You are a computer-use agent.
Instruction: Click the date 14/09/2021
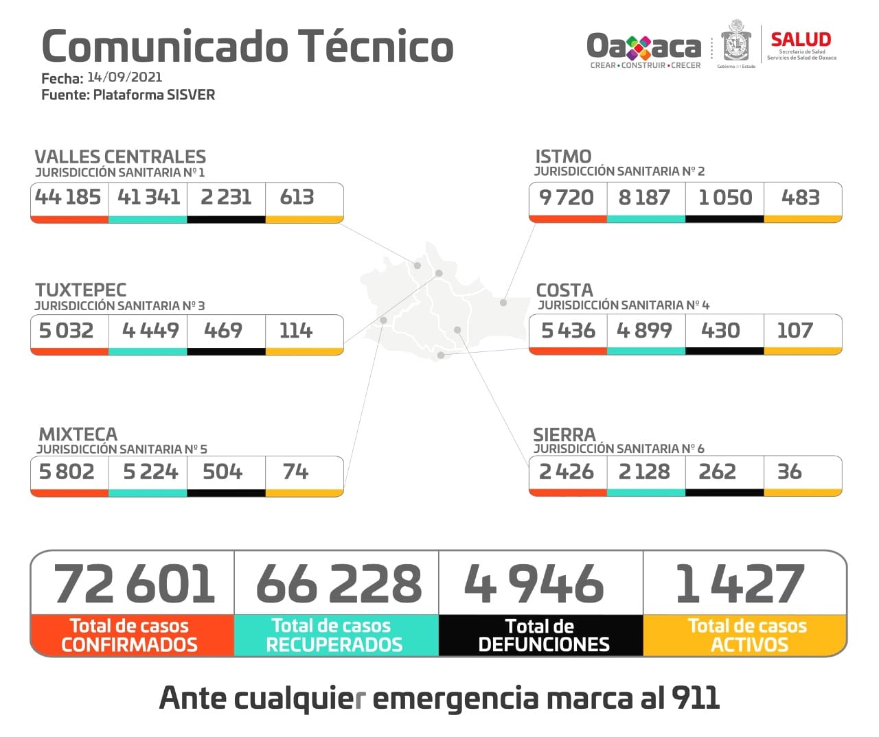124,77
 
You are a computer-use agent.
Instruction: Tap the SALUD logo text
801,40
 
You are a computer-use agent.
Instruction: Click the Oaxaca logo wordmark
643,47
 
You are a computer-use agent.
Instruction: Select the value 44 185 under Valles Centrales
68,197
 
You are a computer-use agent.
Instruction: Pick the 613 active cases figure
297,197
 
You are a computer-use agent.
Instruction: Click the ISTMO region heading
563,156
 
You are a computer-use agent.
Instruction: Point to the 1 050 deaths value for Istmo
724,198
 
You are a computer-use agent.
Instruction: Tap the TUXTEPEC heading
81,290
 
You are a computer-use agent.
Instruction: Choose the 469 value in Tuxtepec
223,331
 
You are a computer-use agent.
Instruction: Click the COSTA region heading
564,290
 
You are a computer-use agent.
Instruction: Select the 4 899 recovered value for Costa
644,331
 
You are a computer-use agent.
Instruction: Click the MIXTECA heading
78,434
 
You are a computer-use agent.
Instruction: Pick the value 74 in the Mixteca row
296,471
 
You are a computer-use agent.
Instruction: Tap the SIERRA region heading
564,435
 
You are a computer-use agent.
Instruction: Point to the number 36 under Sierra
789,471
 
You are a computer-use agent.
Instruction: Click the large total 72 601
134,584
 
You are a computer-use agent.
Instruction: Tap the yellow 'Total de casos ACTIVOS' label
747,635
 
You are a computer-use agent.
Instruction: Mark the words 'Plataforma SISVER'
154,95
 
